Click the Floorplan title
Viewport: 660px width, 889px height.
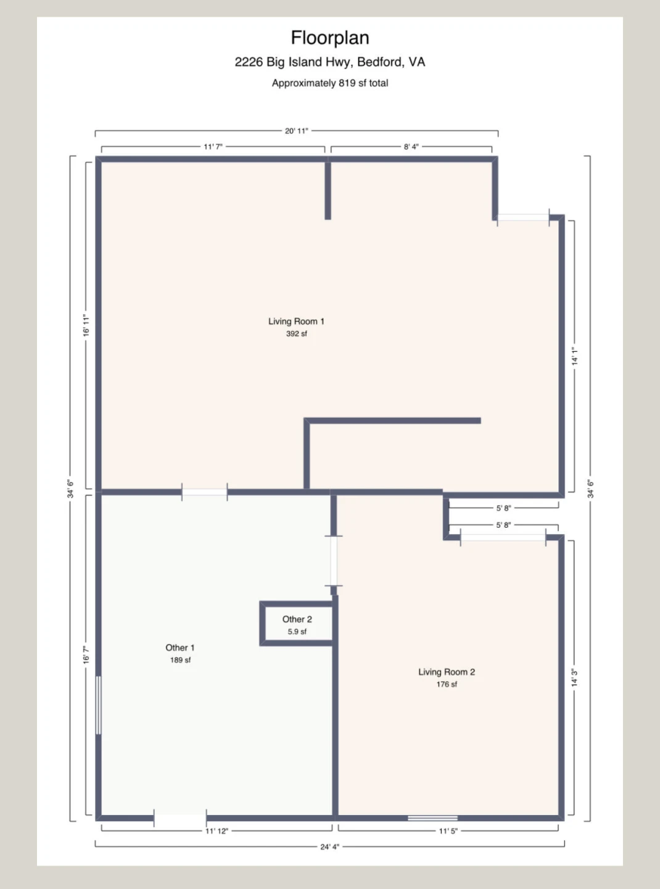coord(330,38)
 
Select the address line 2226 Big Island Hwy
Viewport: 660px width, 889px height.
coord(329,62)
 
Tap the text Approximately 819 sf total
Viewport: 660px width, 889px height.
coord(330,83)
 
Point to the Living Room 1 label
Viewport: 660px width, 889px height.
coord(296,321)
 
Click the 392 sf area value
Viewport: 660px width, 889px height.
coord(296,333)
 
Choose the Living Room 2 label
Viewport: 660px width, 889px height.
coord(447,672)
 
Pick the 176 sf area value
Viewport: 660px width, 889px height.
coord(447,684)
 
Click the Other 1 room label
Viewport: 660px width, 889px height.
coord(180,648)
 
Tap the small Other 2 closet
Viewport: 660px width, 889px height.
coord(297,624)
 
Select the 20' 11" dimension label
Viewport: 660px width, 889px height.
coord(296,131)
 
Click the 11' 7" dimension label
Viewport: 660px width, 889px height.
coord(213,147)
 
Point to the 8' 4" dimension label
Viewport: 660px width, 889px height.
coord(411,147)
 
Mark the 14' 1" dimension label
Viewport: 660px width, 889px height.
coord(575,356)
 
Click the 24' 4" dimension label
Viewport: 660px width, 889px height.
coord(329,846)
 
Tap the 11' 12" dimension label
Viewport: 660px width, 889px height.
coord(217,831)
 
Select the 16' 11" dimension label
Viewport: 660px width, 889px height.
coord(86,325)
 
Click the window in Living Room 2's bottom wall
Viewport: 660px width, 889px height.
coord(432,818)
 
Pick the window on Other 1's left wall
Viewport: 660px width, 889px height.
coord(99,706)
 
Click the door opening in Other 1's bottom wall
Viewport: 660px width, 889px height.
coord(180,818)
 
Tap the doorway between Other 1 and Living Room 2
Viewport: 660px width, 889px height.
coord(334,561)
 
